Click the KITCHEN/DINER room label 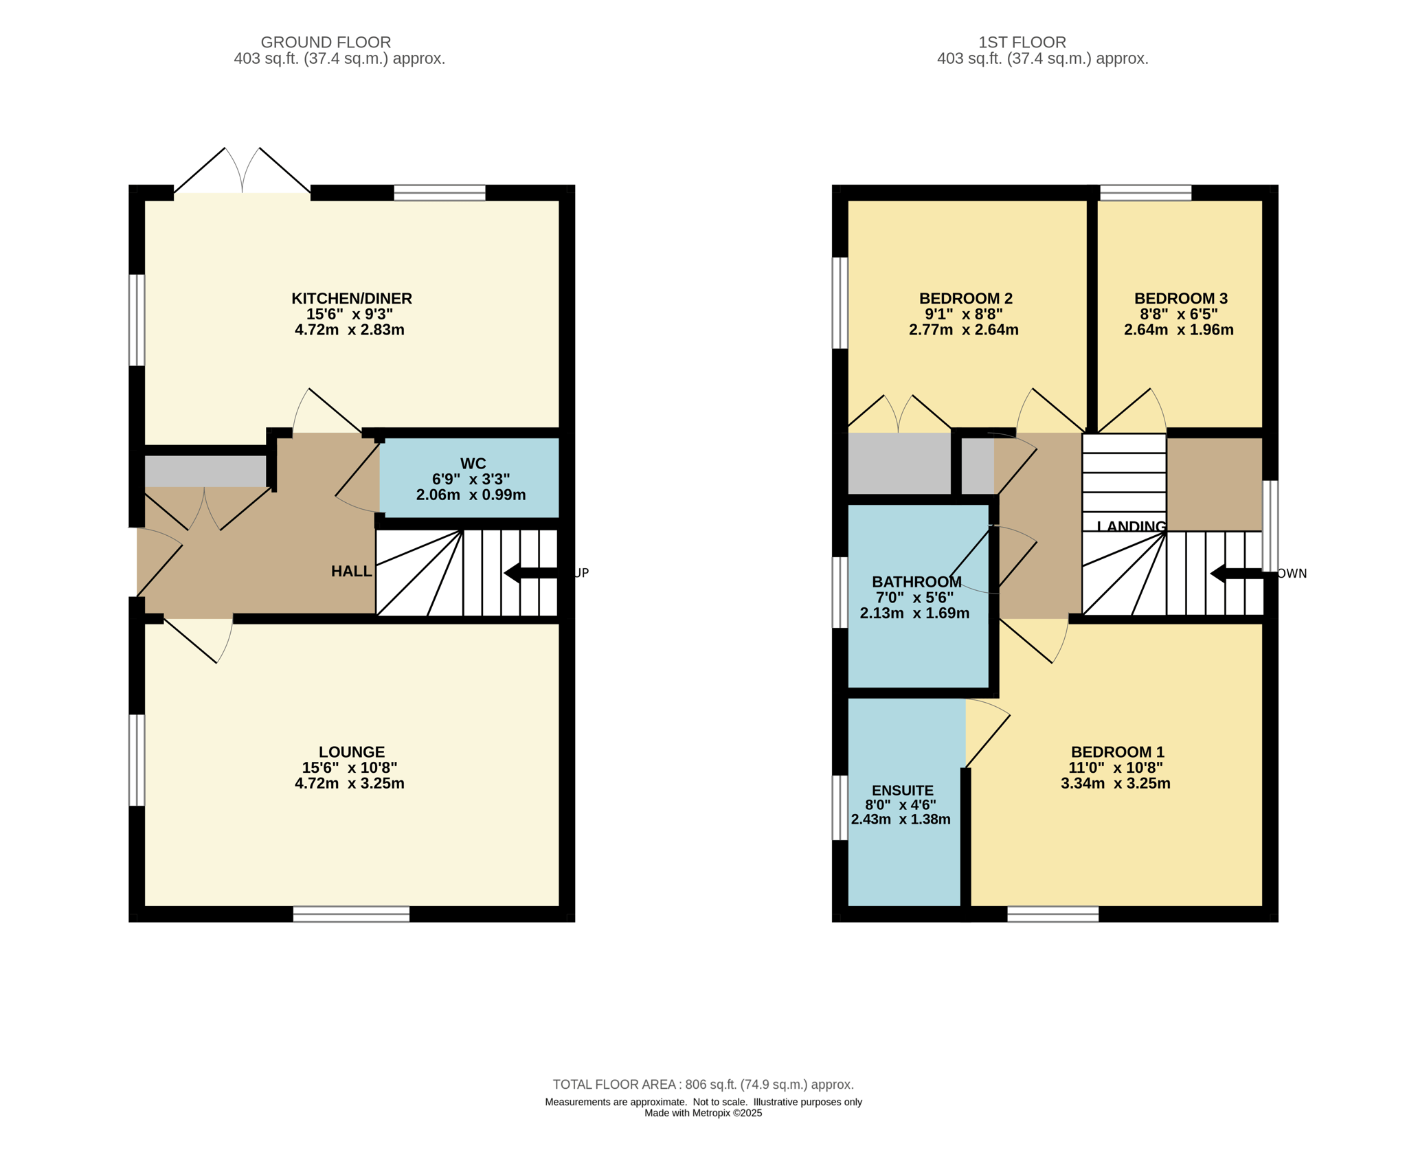352,298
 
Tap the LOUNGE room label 352,752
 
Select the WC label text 473,464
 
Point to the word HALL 351,571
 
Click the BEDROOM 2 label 965,298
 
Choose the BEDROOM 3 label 1180,298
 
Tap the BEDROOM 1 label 1117,752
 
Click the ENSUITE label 902,791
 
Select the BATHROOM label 916,582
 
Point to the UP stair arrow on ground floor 531,573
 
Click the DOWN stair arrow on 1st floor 1237,573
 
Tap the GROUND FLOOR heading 326,42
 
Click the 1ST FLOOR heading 1022,42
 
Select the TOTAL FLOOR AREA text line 703,1084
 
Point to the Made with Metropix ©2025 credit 703,1113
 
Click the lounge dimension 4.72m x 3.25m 349,783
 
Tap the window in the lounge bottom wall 351,914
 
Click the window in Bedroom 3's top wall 1145,192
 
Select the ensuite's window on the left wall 840,808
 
